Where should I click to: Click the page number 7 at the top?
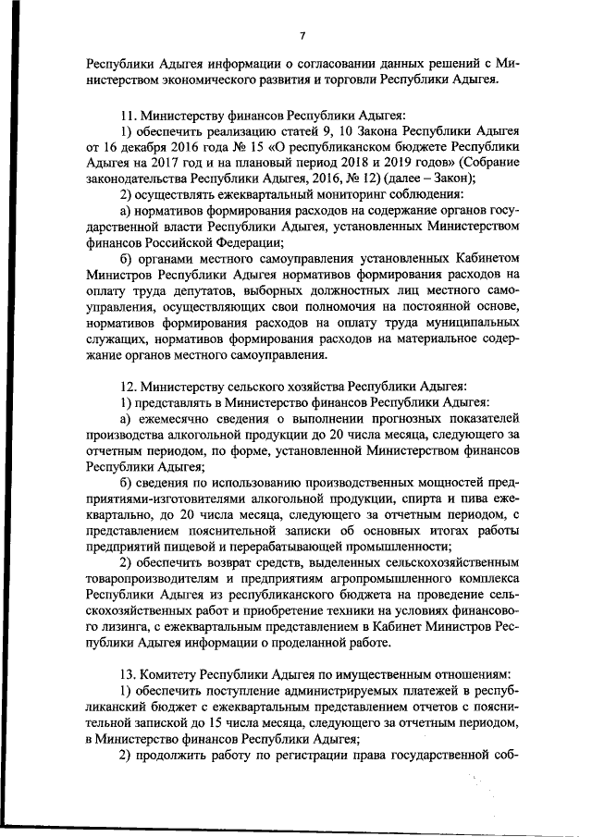click(x=302, y=35)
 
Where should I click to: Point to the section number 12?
click(x=129, y=385)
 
